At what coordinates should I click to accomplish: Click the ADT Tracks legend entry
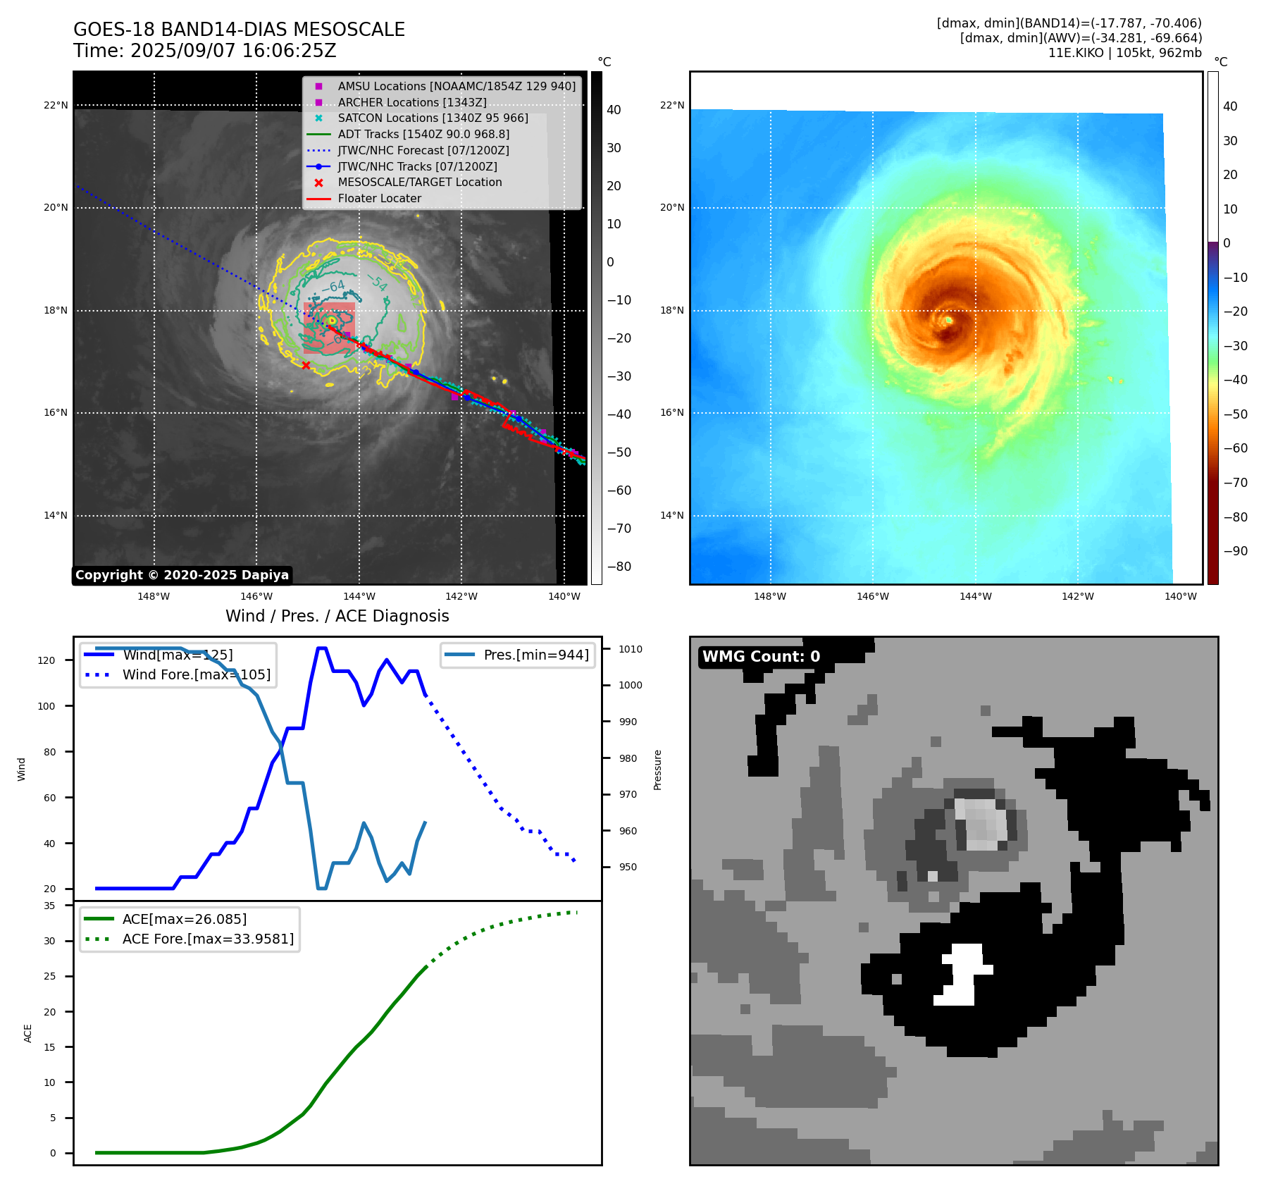point(423,134)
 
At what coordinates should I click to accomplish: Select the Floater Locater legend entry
point(379,199)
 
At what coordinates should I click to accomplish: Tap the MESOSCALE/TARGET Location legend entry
point(419,182)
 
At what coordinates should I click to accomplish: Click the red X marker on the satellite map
point(306,365)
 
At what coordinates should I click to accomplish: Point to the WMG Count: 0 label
point(761,657)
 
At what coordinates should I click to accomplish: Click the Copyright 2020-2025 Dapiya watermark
point(182,575)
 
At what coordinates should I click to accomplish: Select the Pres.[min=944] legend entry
point(535,655)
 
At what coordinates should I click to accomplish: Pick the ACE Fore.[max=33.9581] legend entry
point(208,939)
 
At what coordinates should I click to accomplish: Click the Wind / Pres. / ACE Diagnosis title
point(337,616)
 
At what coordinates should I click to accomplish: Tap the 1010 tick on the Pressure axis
point(631,649)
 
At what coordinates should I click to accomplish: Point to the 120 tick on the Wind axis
point(46,660)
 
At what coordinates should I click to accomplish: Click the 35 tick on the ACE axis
point(49,906)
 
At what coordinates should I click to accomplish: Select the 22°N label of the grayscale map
point(56,106)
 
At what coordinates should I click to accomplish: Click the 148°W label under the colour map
point(770,596)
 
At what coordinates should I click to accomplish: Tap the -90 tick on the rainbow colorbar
point(1235,551)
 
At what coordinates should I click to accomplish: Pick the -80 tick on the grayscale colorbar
point(619,567)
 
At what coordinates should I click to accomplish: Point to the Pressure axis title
point(657,770)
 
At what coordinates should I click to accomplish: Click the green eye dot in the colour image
point(949,320)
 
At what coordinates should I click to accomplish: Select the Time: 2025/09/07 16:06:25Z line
point(204,51)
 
